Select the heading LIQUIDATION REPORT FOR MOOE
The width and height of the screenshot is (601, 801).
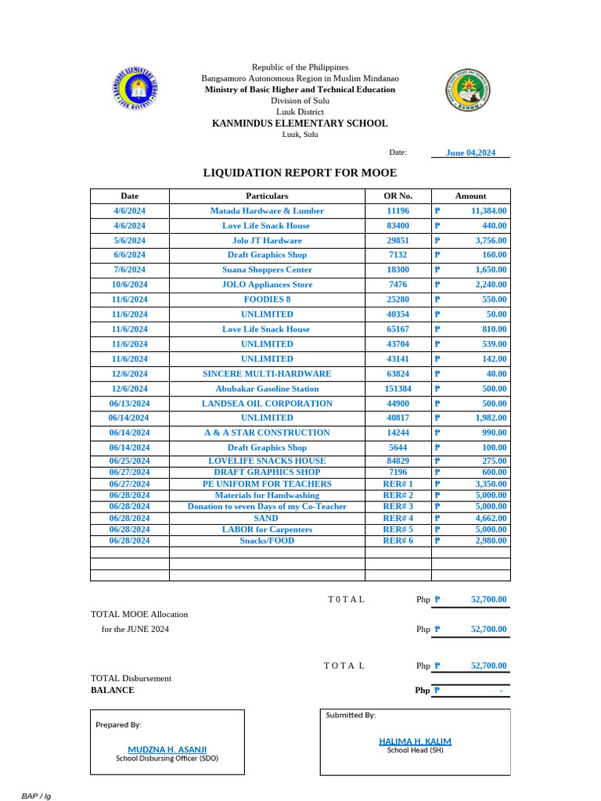pyautogui.click(x=300, y=173)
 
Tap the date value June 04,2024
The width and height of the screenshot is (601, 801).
pyautogui.click(x=470, y=153)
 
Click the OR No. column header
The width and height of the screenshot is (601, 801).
pyautogui.click(x=398, y=196)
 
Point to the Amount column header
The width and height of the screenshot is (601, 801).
pyautogui.click(x=470, y=196)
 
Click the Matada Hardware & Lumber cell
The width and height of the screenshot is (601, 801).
pyautogui.click(x=267, y=210)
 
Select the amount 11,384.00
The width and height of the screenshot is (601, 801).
pyautogui.click(x=488, y=210)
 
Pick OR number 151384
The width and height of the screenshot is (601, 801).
pyautogui.click(x=398, y=389)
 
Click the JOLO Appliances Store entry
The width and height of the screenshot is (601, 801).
pyautogui.click(x=267, y=285)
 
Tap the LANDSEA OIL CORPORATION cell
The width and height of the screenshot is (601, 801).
pyautogui.click(x=267, y=404)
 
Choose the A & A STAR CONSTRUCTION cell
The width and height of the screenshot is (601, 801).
pyautogui.click(x=267, y=433)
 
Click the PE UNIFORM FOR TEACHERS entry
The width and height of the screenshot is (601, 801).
pyautogui.click(x=267, y=484)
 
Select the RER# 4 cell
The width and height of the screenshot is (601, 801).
pyautogui.click(x=398, y=518)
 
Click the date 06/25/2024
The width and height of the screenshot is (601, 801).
pyautogui.click(x=129, y=462)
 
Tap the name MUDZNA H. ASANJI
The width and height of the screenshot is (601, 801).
pyautogui.click(x=167, y=749)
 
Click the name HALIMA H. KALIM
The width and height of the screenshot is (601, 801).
pyautogui.click(x=415, y=742)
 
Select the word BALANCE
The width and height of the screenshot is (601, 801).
pyautogui.click(x=113, y=690)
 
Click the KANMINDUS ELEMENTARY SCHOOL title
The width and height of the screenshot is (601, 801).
pyautogui.click(x=300, y=124)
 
